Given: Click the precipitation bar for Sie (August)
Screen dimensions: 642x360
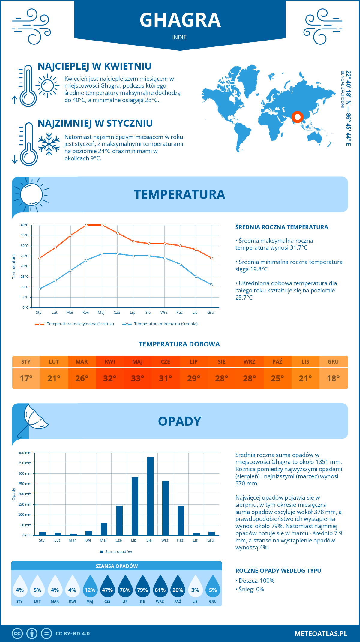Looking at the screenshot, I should click(x=150, y=496).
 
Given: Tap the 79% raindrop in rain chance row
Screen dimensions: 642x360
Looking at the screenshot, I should click(x=142, y=588).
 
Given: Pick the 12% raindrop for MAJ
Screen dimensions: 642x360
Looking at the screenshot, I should click(x=90, y=588).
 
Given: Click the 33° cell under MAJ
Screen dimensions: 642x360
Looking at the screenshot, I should click(x=138, y=378).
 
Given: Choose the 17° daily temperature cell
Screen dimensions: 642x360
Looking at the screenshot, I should click(x=26, y=378).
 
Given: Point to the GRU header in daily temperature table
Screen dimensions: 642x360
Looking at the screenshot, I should click(x=333, y=361).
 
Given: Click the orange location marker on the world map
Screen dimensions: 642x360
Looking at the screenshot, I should click(x=298, y=117).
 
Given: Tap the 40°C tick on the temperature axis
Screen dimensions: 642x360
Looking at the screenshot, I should click(x=25, y=225).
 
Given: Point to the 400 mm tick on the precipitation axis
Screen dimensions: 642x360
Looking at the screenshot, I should click(x=25, y=453).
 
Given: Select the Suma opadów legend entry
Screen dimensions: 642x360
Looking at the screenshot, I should click(x=118, y=552).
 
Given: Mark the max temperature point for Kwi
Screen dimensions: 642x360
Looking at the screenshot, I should click(x=86, y=225).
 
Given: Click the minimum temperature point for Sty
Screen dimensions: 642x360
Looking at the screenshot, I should click(x=40, y=289).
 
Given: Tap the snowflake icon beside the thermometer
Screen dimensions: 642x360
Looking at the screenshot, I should click(x=49, y=144).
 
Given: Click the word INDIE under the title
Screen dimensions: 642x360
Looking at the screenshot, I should click(x=179, y=37).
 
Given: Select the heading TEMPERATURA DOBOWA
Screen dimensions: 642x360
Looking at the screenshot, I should click(x=179, y=344).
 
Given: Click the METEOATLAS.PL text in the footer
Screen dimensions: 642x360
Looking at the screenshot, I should click(x=321, y=634).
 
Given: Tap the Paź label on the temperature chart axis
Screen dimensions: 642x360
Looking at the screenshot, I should click(x=179, y=313).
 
